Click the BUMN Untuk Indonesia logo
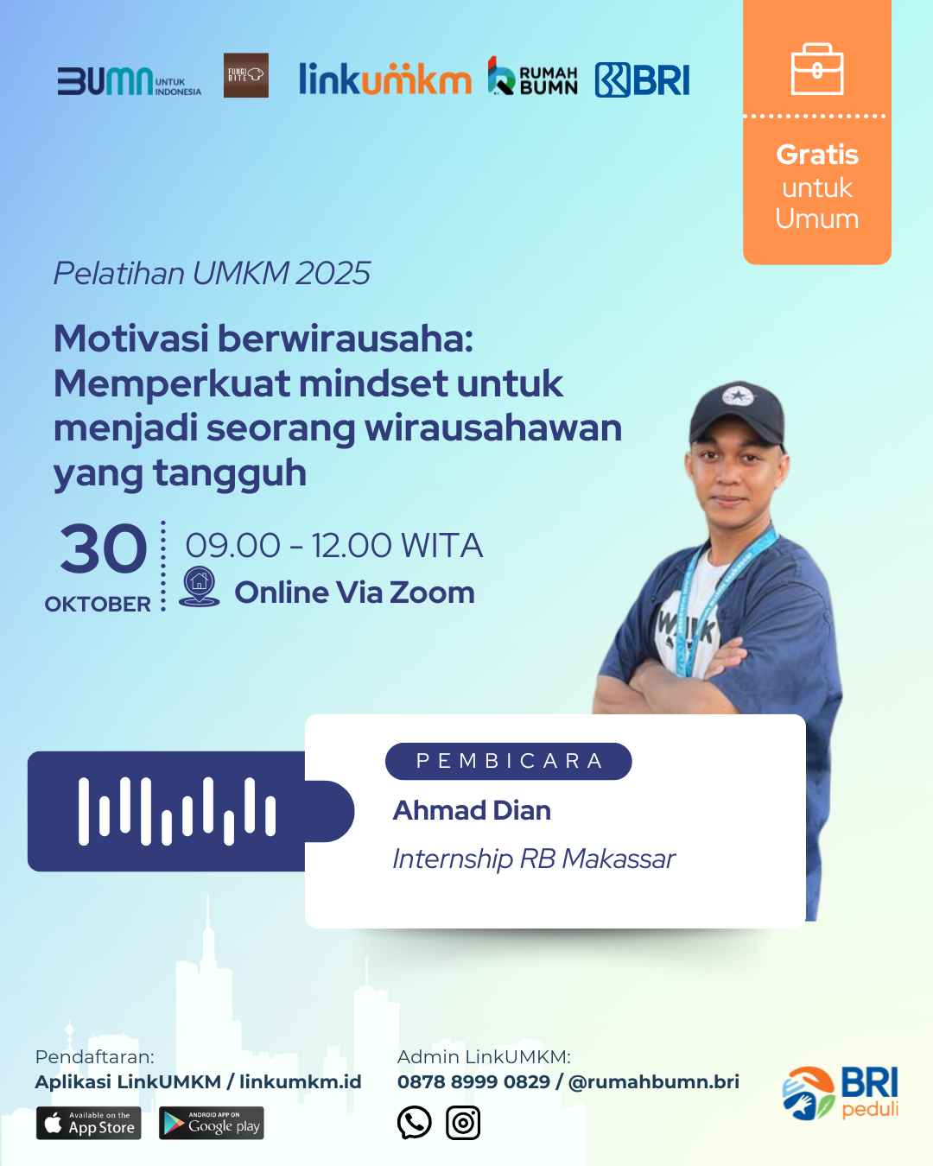(x=129, y=81)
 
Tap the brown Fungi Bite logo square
(x=246, y=75)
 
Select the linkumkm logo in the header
(x=385, y=79)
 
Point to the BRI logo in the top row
(x=642, y=80)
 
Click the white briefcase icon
(x=817, y=69)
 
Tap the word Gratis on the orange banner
(x=817, y=155)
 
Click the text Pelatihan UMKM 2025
(x=212, y=273)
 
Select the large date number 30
(x=103, y=548)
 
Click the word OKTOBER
(x=98, y=604)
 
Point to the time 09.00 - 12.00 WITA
(x=334, y=545)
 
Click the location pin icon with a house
(x=199, y=586)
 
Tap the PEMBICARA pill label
(x=509, y=761)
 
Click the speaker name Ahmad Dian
(x=472, y=810)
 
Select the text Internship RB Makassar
(x=534, y=859)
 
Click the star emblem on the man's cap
(x=737, y=396)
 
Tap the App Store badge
(x=89, y=1123)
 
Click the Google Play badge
(x=212, y=1123)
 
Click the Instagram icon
(x=463, y=1123)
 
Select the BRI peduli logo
(x=840, y=1093)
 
